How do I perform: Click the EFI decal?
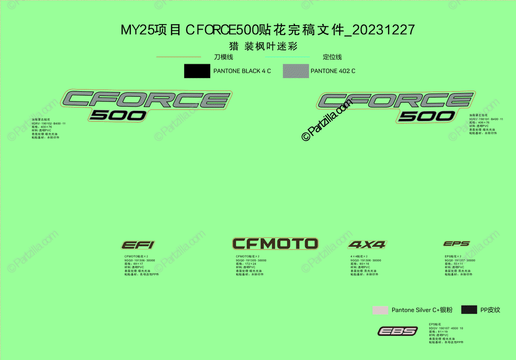tap(138, 245)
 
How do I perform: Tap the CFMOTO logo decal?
tap(275, 243)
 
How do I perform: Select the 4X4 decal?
tap(367, 245)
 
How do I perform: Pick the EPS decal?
tap(457, 244)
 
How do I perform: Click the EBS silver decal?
tap(398, 331)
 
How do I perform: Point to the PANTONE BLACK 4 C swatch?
tap(197, 71)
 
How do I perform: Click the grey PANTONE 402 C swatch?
tap(296, 71)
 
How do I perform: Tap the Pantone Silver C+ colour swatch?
tap(380, 310)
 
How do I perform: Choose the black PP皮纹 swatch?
tap(469, 310)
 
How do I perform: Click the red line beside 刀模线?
tap(178, 57)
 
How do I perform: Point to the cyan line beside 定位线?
tap(287, 57)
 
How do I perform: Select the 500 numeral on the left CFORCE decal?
tap(118, 115)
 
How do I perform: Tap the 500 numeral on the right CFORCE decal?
tap(427, 116)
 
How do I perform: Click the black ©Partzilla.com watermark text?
tap(327, 119)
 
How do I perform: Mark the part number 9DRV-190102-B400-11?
tap(49, 123)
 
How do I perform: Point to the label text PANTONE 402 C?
tap(333, 71)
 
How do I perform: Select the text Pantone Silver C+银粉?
tap(421, 310)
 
